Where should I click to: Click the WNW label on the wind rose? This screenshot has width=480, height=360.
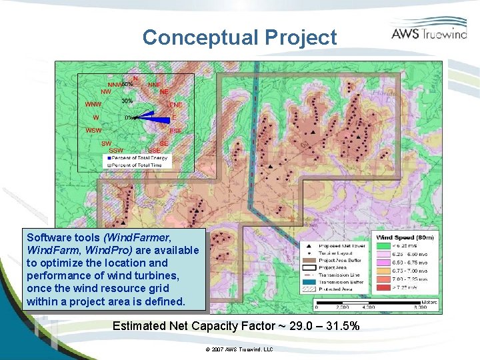point(93,105)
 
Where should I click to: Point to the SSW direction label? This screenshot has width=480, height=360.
point(116,150)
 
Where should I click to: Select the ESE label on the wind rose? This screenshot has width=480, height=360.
point(175,131)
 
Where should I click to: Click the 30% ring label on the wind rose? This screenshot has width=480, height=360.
point(127,101)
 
